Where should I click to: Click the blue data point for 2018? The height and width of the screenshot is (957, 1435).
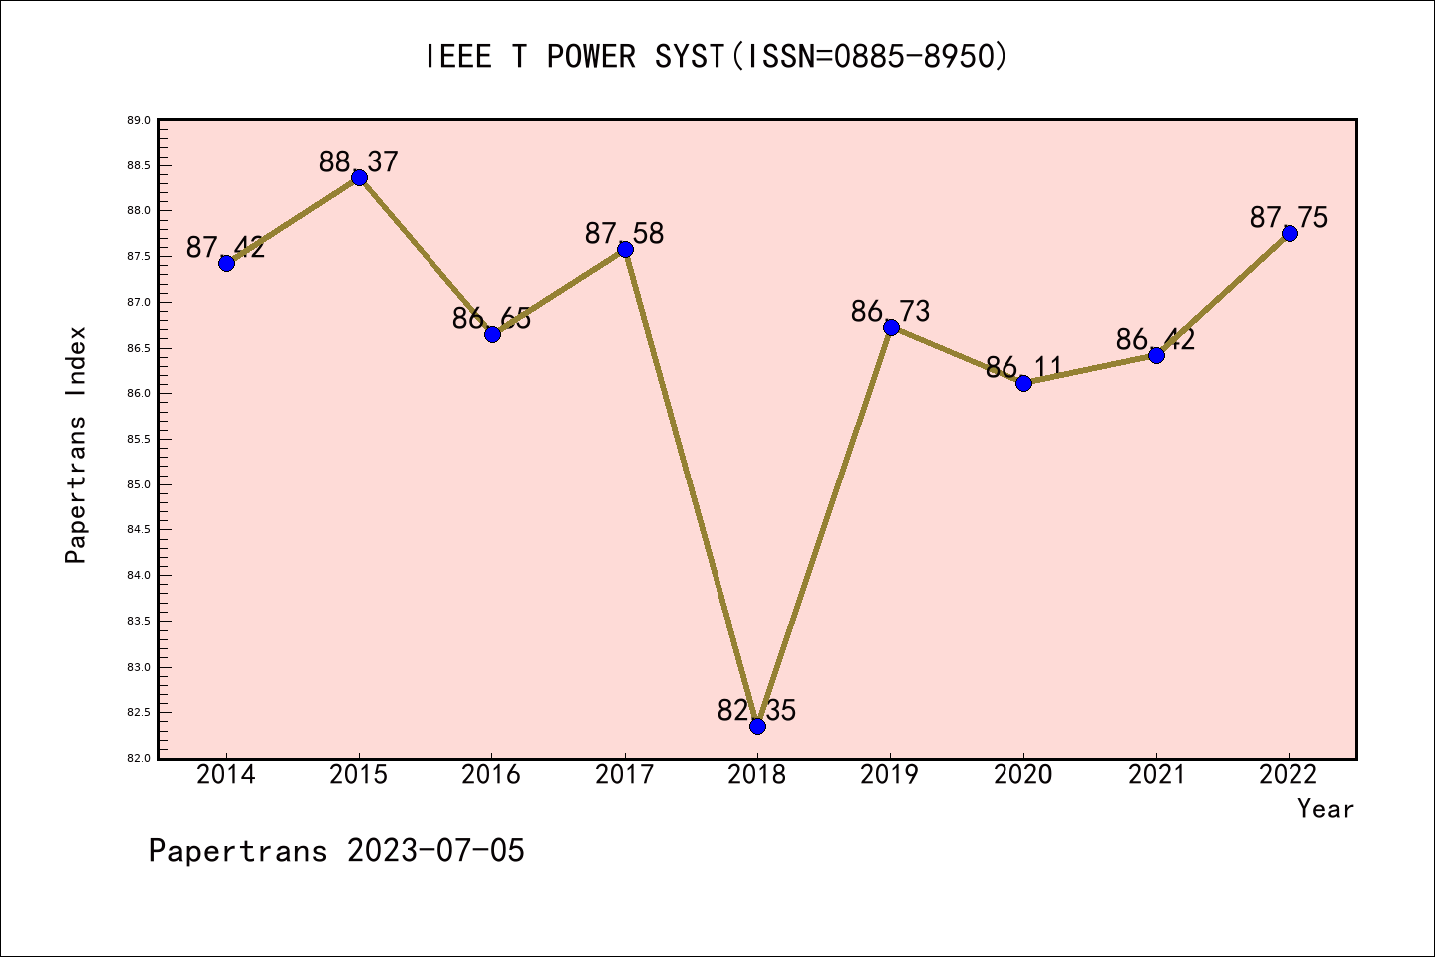tap(757, 726)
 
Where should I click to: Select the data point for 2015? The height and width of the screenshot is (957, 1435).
tap(359, 177)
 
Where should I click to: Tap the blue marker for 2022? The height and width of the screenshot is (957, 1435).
tap(1290, 233)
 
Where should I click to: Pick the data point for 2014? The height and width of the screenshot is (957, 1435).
tap(226, 263)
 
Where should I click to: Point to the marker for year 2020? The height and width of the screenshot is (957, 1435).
tap(1023, 383)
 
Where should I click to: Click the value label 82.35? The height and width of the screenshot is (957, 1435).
tap(757, 711)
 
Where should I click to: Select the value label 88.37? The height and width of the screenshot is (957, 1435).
tap(359, 161)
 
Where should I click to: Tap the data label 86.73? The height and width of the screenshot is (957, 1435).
tap(890, 312)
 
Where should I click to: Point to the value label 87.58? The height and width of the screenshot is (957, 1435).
tap(624, 234)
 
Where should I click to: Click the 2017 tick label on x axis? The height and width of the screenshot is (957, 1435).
tap(624, 775)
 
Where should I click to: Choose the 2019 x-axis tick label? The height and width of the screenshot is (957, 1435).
tap(890, 775)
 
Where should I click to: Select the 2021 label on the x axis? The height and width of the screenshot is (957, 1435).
tap(1156, 775)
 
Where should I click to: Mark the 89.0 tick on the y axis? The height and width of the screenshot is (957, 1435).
tap(139, 121)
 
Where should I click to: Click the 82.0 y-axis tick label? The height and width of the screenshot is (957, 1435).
tap(139, 759)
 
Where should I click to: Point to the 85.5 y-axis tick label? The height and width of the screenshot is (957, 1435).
tap(139, 440)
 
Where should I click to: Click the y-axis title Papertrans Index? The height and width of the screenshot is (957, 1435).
tap(76, 445)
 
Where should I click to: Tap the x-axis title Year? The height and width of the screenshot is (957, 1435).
tap(1325, 809)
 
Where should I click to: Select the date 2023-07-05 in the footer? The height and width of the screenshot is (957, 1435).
tap(435, 851)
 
